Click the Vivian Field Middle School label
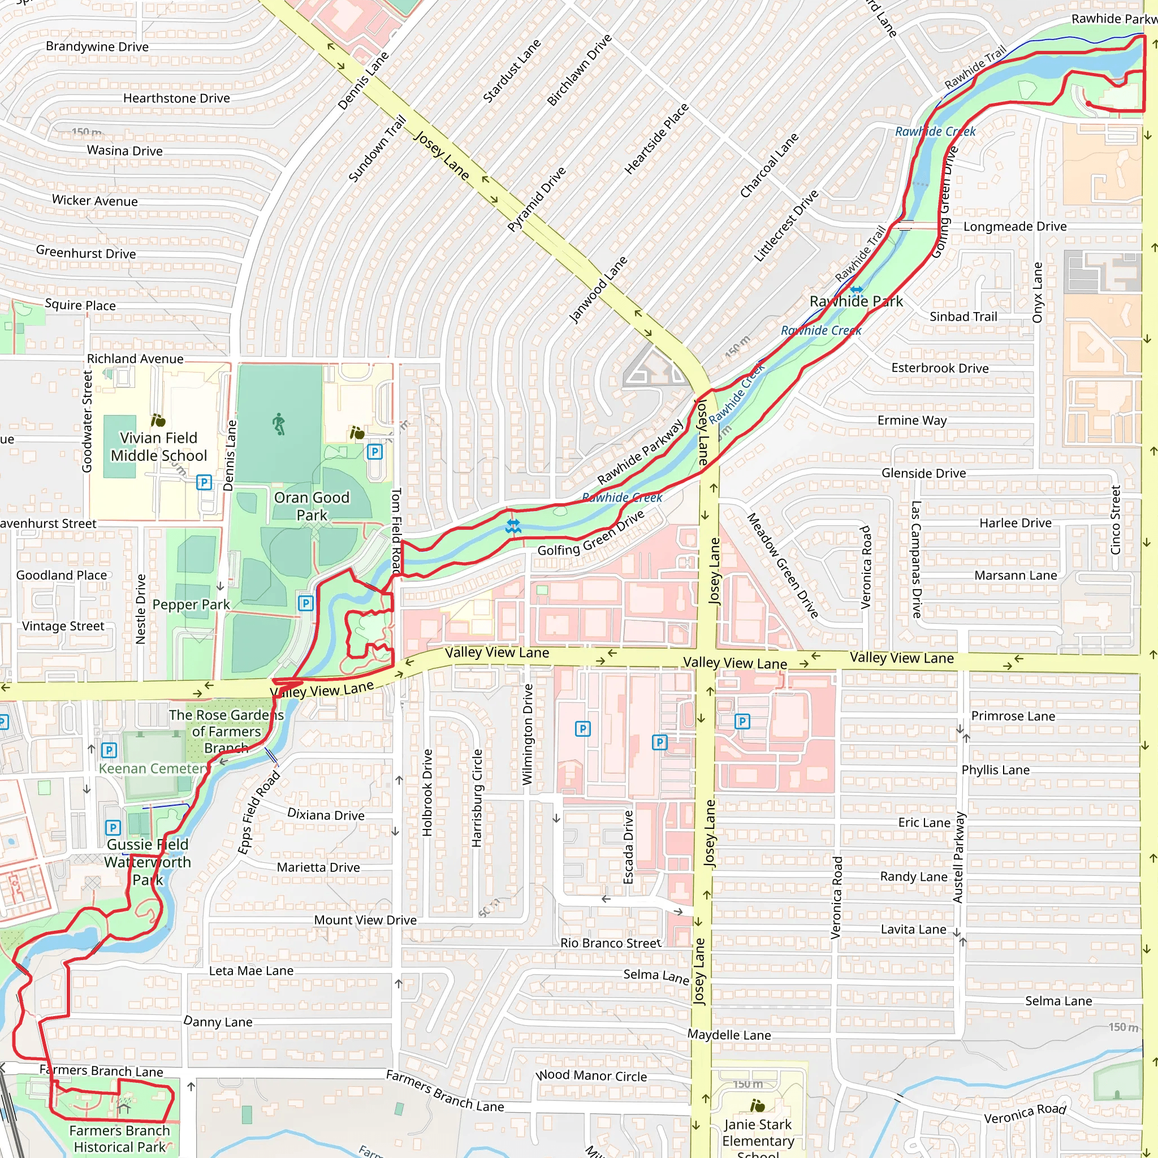pos(159,447)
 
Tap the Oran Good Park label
pos(312,506)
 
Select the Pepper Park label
pos(191,604)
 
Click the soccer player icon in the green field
pos(279,425)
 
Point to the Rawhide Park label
pos(856,301)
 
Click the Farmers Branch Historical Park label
pos(119,1138)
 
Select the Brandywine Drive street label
pos(97,47)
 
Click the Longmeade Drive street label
pos(1015,227)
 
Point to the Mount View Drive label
pos(365,920)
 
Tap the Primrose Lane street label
pos(1013,716)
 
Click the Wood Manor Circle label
pos(591,1076)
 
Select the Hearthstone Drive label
pos(176,98)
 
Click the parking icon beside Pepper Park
pos(306,603)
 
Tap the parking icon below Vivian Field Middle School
pos(204,482)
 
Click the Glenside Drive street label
pos(923,473)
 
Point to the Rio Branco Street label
pos(611,943)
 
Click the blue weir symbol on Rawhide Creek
pos(513,527)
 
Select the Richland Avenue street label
pos(135,359)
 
